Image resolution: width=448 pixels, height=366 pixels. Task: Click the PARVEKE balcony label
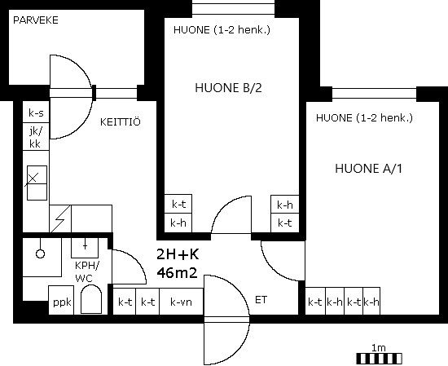click(36, 20)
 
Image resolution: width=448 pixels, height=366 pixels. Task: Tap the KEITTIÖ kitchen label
click(121, 121)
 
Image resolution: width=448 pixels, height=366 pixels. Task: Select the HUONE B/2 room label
click(228, 88)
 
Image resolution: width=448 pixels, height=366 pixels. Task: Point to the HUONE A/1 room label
click(368, 169)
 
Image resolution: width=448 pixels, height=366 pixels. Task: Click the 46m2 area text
click(177, 273)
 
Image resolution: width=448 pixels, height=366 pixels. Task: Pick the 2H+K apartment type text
click(178, 254)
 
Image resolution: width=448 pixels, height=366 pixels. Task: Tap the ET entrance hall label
click(261, 300)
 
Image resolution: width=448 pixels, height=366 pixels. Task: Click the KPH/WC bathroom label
click(86, 271)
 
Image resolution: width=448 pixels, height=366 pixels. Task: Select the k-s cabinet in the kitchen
click(36, 112)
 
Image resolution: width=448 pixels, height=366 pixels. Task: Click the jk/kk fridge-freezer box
click(36, 137)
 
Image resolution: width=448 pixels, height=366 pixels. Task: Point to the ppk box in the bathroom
click(61, 300)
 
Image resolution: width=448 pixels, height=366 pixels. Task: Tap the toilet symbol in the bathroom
click(91, 299)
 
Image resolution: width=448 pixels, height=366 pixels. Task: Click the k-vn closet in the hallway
click(181, 302)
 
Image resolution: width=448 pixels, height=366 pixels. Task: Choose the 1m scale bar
click(380, 359)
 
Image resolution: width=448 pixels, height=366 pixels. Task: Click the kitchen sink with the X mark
click(37, 183)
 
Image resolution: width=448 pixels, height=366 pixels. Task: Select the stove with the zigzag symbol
click(60, 218)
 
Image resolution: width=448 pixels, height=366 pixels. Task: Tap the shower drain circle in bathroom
click(40, 254)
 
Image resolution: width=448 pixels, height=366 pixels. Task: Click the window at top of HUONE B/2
click(234, 9)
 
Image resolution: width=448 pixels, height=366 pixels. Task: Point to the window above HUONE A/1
click(375, 94)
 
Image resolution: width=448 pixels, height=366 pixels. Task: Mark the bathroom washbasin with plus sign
click(85, 247)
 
